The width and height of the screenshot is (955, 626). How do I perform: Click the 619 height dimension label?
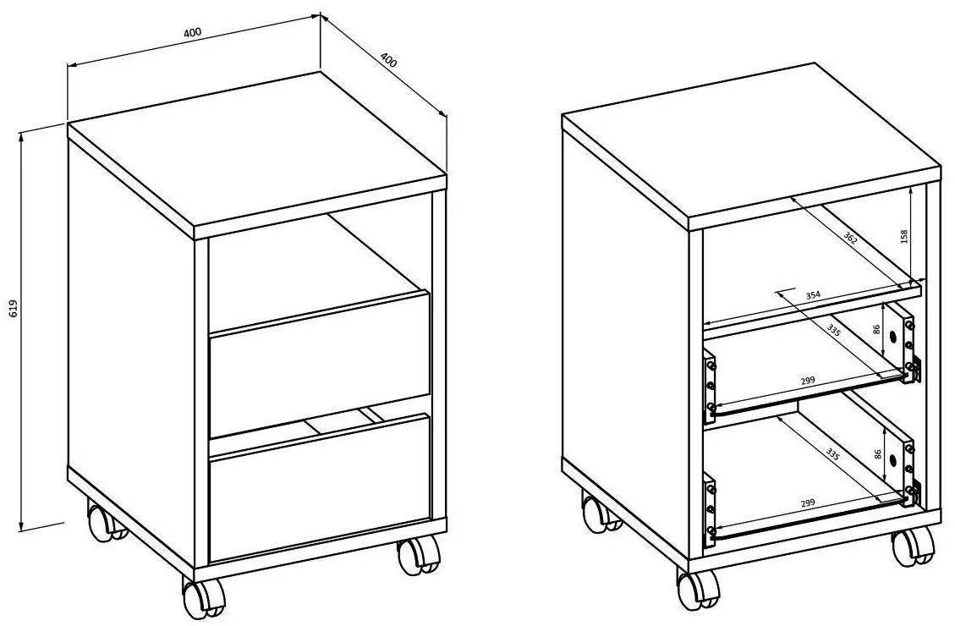click(x=14, y=310)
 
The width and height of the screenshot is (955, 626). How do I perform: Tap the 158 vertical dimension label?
click(x=904, y=236)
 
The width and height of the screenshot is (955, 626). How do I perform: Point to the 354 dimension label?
click(x=813, y=294)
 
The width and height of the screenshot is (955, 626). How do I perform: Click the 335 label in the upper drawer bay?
click(x=834, y=332)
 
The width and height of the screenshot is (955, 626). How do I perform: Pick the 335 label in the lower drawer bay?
click(x=833, y=453)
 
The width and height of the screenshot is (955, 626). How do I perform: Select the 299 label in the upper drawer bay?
click(x=808, y=382)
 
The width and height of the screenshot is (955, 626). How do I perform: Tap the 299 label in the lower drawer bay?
click(x=808, y=503)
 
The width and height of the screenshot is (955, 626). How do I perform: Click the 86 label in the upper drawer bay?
click(x=877, y=329)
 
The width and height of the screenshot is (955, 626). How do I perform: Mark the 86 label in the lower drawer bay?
click(x=877, y=453)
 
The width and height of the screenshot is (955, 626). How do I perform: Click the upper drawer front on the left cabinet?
click(x=320, y=364)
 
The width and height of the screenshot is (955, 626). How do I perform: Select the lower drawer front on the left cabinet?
click(x=320, y=487)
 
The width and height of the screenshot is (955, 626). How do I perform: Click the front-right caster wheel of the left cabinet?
click(x=419, y=555)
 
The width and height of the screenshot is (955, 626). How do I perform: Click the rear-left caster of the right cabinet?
click(x=600, y=513)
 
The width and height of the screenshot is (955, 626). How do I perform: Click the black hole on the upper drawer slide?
click(x=892, y=337)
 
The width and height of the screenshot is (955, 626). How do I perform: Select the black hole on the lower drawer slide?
click(x=892, y=458)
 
